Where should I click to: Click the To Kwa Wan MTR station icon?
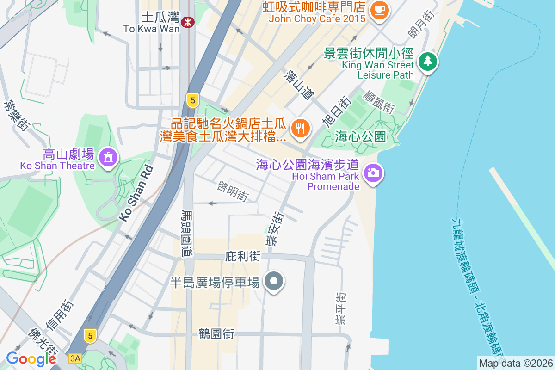(187, 22)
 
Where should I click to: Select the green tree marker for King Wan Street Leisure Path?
(428, 62)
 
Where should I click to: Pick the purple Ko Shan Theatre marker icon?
(108, 158)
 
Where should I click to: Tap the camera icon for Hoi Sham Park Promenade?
(373, 173)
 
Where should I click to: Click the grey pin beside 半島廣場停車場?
(274, 282)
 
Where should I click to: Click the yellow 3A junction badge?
(75, 358)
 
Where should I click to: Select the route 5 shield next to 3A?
(90, 335)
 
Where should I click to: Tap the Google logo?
(31, 359)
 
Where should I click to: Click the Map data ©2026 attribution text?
(515, 364)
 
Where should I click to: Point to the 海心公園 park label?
(361, 136)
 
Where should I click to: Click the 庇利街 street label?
(243, 256)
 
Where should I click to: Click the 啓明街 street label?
(233, 191)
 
